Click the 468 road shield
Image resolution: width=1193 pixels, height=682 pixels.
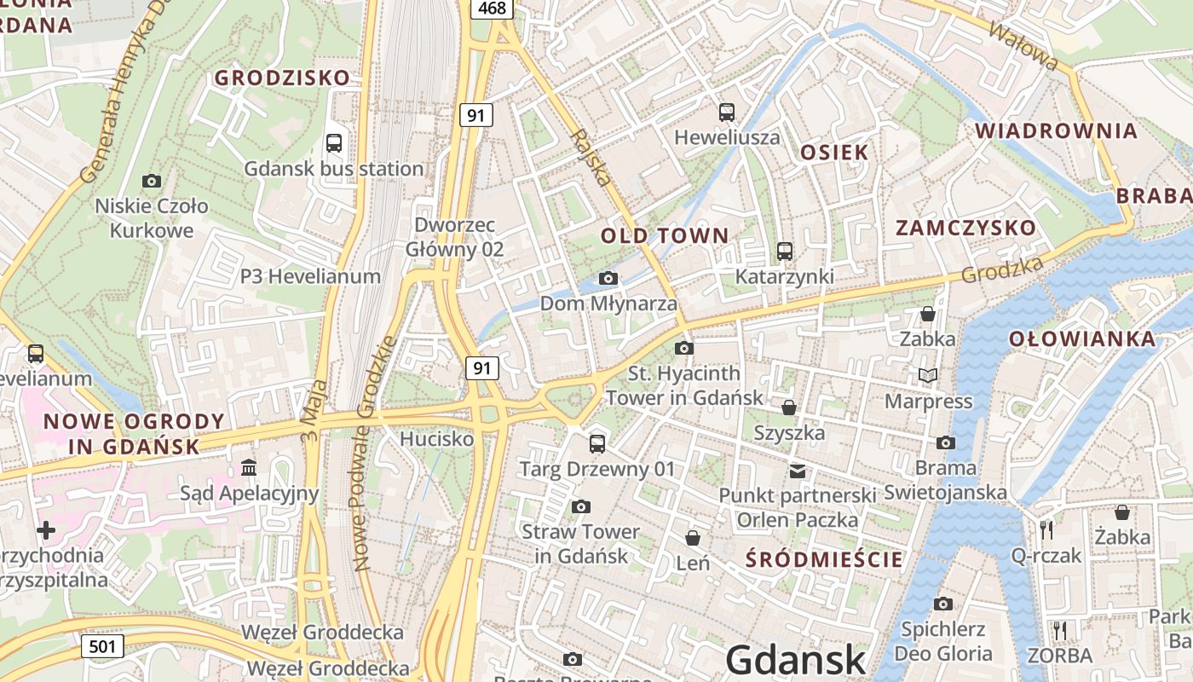click(x=492, y=9)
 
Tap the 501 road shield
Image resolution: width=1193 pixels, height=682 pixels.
click(x=102, y=646)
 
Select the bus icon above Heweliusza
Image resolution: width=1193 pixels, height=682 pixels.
click(x=727, y=112)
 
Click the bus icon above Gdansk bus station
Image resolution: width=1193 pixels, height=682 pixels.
click(x=334, y=143)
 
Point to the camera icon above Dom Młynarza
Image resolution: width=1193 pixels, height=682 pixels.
click(x=608, y=278)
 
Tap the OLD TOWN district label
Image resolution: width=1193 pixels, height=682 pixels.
click(x=665, y=236)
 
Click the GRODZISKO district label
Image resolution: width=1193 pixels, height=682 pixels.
click(x=282, y=78)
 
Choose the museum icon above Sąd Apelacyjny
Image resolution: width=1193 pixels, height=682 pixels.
click(x=249, y=467)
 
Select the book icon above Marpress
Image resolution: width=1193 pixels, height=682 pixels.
click(x=928, y=375)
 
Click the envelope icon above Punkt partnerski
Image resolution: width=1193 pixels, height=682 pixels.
click(x=798, y=471)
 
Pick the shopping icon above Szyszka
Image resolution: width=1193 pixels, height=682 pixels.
click(x=789, y=407)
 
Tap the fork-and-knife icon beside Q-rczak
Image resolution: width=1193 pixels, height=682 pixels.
click(x=1046, y=530)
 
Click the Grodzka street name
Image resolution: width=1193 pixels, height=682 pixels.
click(x=1002, y=271)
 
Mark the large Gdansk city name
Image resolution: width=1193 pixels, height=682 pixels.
click(x=796, y=661)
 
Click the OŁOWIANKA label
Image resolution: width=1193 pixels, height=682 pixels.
click(x=1082, y=339)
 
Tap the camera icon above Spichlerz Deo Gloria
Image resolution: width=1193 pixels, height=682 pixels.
click(x=943, y=604)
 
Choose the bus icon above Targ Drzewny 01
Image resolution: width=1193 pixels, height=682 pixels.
click(x=597, y=444)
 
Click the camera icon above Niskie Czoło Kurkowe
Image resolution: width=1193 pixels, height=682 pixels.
click(x=152, y=181)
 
